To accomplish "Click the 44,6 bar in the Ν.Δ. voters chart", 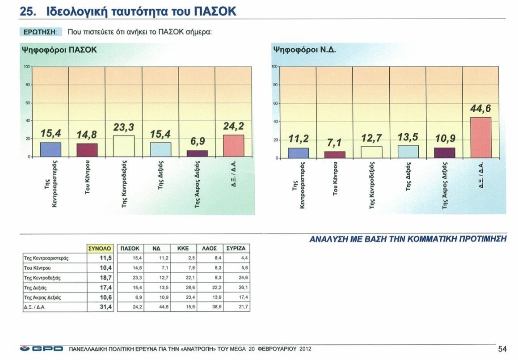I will click(480, 138).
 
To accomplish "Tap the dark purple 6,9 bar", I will click(197, 153).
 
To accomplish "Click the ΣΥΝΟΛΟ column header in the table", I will click(100, 248).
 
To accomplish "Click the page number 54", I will click(502, 349).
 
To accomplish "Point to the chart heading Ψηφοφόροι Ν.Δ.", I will click(304, 49).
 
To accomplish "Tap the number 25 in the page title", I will click(28, 12).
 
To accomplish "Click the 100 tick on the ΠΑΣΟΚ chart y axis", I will click(26, 67).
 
